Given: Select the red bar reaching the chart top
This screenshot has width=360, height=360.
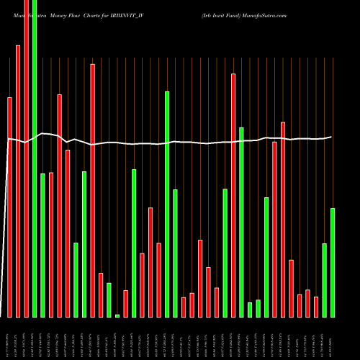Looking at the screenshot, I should pos(27,158).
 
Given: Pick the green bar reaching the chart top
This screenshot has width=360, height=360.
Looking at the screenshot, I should pos(35,158).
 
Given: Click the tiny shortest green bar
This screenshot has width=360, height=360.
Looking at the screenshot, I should pos(117,315).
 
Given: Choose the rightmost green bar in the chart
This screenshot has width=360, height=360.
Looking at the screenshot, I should pos(333,263).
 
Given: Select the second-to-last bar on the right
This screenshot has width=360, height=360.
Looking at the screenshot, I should pos(324,280).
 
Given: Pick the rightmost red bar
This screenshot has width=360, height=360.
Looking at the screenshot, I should pos(316,307).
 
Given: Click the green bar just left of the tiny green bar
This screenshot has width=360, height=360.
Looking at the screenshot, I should pos(109,300).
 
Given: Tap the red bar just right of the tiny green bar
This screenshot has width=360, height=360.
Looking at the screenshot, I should pos(125,303).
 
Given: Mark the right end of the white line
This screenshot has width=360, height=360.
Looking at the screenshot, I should pos(332,137).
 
